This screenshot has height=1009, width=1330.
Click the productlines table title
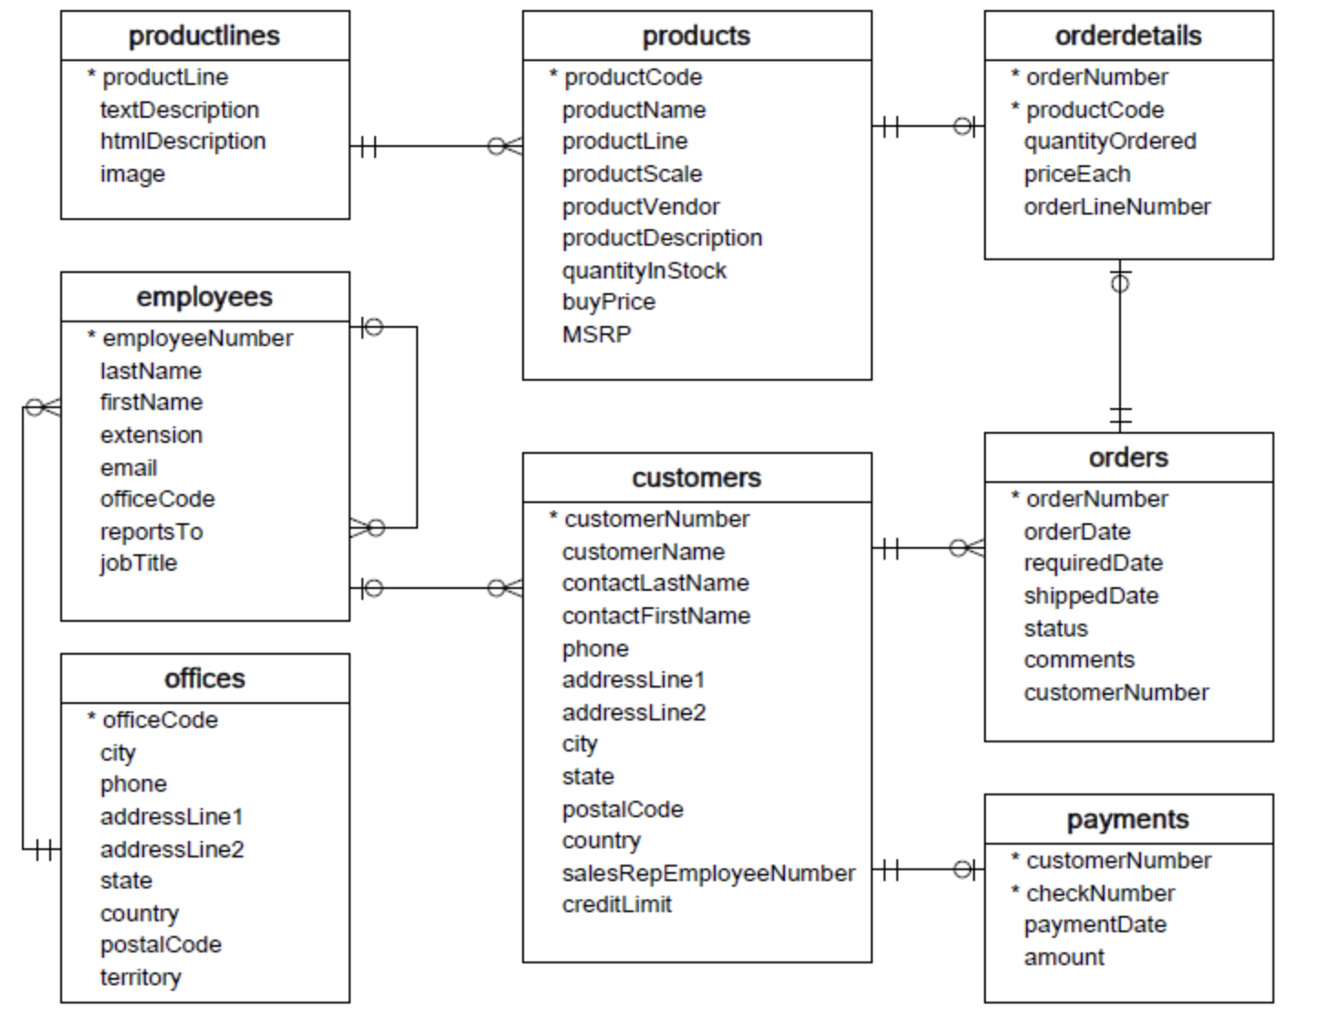coord(204,36)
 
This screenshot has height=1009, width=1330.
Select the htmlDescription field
coord(183,142)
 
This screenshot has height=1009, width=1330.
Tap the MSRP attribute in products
coord(596,334)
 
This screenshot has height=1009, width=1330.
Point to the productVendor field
coord(640,206)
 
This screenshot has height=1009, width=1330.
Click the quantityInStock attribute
coord(644,270)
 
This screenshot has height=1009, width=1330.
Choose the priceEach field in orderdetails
coord(1076,173)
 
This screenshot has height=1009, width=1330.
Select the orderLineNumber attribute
coord(1116,206)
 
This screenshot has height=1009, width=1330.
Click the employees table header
coord(204,297)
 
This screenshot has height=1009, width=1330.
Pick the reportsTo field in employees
coord(151,531)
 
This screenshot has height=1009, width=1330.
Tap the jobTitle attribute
coord(138,562)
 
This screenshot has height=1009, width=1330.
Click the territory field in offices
coord(141,977)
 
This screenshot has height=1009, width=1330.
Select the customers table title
coord(696,478)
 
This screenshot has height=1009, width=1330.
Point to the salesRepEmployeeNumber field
coord(708,873)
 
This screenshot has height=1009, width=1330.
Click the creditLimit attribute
coord(616,904)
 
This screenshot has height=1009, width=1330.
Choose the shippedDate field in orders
coord(1091,595)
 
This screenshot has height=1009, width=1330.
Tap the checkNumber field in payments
coord(1100,893)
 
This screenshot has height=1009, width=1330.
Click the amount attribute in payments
coord(1063,957)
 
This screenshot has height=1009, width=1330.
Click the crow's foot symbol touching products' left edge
coord(507,146)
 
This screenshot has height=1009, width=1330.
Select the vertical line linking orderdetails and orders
coord(1120,347)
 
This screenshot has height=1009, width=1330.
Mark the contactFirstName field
coord(655,615)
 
